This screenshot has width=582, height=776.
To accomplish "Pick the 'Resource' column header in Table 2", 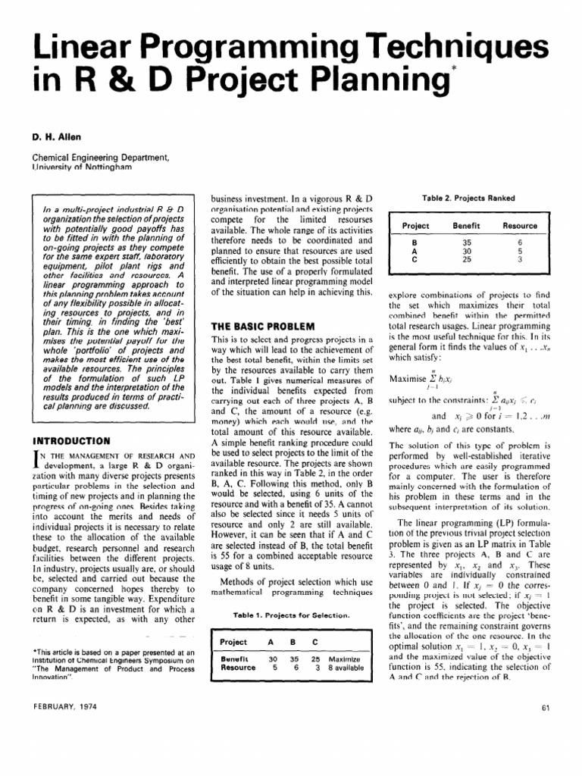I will (521, 226).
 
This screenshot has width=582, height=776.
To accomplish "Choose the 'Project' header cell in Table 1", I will (233, 642).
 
